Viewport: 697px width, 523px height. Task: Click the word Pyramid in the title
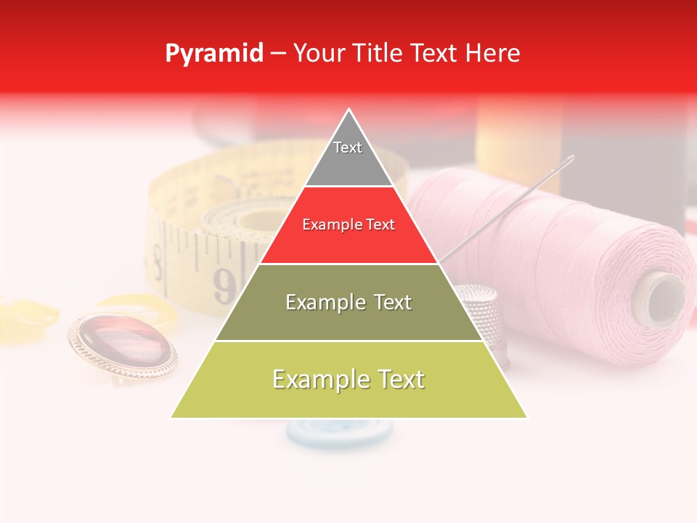213,54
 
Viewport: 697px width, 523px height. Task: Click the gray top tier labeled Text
348,156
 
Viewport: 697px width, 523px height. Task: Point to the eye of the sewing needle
568,159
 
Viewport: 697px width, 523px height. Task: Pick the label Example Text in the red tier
348,225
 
